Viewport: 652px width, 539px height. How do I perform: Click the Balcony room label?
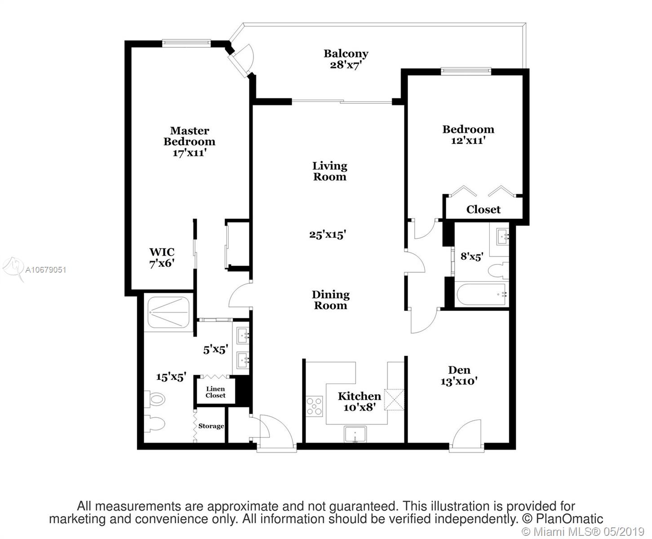pos(346,54)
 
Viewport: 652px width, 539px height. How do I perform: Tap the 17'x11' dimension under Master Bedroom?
pos(190,153)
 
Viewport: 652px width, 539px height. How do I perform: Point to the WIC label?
pos(162,252)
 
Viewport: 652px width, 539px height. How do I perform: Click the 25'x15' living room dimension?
pos(328,234)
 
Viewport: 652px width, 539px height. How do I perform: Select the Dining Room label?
pos(331,300)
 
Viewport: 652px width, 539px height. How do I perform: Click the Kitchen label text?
pos(359,396)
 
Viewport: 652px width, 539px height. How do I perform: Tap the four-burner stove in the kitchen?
pos(315,406)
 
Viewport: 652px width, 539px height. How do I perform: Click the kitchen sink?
pos(355,434)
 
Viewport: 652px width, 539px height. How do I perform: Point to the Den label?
pos(459,370)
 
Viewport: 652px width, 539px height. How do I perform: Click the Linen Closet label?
pos(215,392)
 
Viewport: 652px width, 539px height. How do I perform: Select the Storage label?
pos(211,426)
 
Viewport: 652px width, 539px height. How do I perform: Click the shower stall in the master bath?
pos(169,312)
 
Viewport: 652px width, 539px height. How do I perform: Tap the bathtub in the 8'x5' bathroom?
pos(482,294)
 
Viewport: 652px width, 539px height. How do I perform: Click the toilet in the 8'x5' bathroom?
pos(499,270)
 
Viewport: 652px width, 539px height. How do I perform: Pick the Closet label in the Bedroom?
pos(483,209)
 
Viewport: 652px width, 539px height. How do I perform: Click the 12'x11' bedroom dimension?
pos(468,141)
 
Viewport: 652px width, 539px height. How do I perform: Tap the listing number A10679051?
pos(45,270)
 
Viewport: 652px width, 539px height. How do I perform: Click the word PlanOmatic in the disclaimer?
pos(570,519)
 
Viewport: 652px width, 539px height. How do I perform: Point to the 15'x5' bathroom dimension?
pos(171,377)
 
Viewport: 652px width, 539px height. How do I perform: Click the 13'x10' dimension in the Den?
pos(459,381)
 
